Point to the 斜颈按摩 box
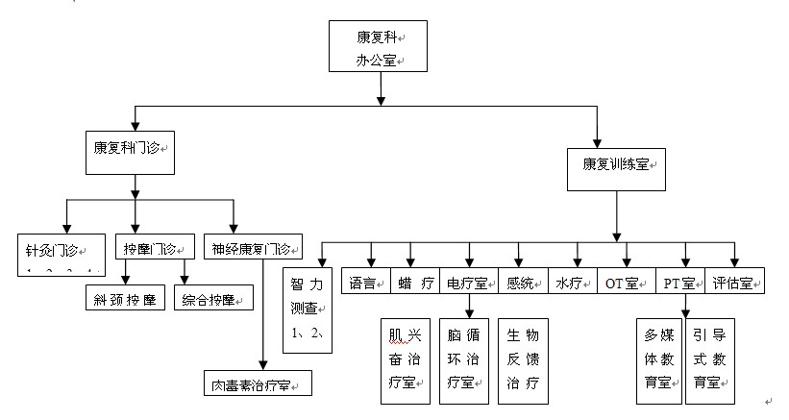[126, 299]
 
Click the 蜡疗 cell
[415, 283]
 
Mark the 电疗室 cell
[468, 283]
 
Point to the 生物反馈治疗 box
[522, 358]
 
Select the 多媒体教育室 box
[660, 358]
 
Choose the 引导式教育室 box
[712, 358]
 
